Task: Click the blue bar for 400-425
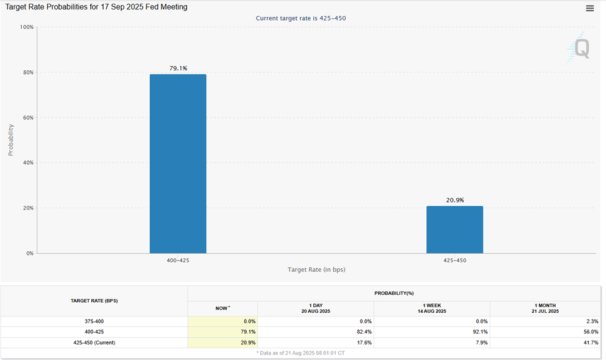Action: [x=178, y=164]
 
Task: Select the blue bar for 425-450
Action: [x=454, y=229]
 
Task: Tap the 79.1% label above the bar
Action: [x=178, y=68]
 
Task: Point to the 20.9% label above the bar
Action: [x=455, y=200]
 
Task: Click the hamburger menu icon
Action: [x=590, y=8]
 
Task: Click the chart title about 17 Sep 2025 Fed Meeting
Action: [x=96, y=7]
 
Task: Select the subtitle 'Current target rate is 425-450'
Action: [x=301, y=18]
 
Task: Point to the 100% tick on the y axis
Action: [x=26, y=27]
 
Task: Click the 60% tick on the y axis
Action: [x=27, y=118]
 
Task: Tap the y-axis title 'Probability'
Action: [x=11, y=140]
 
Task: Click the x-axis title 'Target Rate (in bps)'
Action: [x=316, y=269]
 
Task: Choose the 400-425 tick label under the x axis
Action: [x=178, y=261]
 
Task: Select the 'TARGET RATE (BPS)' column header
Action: [x=94, y=300]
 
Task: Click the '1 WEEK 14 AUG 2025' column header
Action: [x=431, y=308]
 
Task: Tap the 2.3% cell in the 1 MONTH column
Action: [x=591, y=321]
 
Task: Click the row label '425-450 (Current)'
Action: [x=94, y=343]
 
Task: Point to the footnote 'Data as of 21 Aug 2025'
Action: [x=301, y=353]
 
